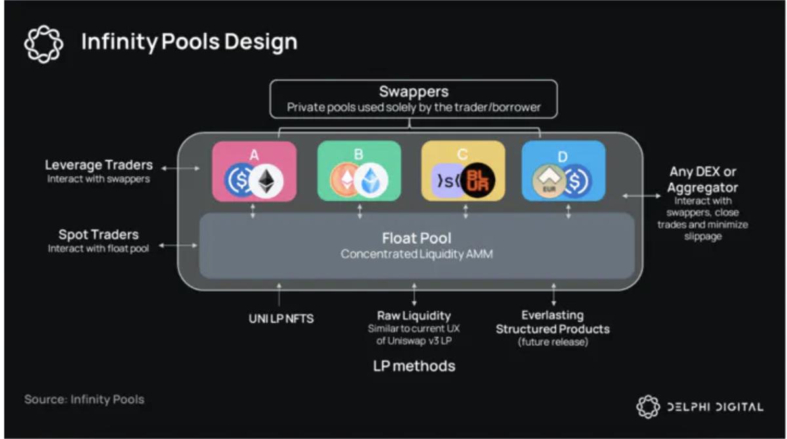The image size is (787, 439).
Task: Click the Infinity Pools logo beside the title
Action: (43, 43)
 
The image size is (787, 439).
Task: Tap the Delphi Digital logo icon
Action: (648, 406)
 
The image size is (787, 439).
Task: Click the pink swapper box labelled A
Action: (254, 170)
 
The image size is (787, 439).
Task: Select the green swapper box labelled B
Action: (359, 170)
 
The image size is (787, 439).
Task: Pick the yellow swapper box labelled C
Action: (463, 170)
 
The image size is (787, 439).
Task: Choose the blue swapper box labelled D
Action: (563, 170)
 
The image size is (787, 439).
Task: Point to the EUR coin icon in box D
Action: (548, 181)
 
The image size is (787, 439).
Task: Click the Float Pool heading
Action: (416, 237)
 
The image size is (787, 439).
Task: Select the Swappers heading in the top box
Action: (414, 92)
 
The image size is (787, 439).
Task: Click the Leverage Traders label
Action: (98, 165)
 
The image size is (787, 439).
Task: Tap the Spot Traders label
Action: (98, 235)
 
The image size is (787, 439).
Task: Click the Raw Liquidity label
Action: (414, 316)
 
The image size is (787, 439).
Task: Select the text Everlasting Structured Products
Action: (552, 322)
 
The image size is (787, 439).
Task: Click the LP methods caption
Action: (414, 366)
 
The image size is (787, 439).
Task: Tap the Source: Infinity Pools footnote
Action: (84, 399)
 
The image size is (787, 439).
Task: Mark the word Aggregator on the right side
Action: (704, 187)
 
